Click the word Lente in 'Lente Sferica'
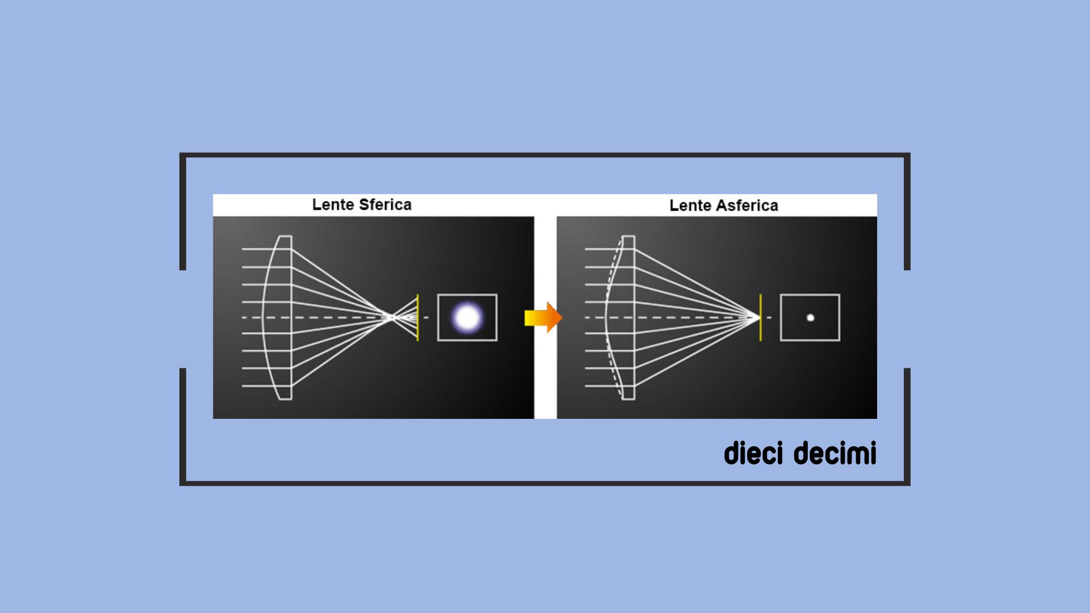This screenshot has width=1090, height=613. (x=333, y=204)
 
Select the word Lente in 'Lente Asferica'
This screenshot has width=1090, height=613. (x=690, y=205)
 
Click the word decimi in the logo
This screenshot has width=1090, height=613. (x=835, y=454)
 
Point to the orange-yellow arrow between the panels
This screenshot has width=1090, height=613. (x=543, y=317)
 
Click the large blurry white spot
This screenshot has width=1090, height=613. (x=467, y=317)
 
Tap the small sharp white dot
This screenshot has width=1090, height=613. (x=810, y=317)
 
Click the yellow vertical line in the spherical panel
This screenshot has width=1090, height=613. (x=417, y=317)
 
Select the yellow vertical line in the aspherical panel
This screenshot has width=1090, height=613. (x=760, y=317)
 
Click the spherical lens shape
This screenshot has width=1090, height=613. (x=277, y=317)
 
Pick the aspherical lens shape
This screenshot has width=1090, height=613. (x=620, y=317)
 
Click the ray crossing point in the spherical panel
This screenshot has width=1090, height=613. (x=391, y=317)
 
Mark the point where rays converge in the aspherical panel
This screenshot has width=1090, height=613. (x=758, y=317)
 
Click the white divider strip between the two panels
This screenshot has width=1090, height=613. (x=545, y=317)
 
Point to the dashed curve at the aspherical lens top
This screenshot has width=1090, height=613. (x=614, y=267)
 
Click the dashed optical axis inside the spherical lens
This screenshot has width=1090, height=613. (x=277, y=317)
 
